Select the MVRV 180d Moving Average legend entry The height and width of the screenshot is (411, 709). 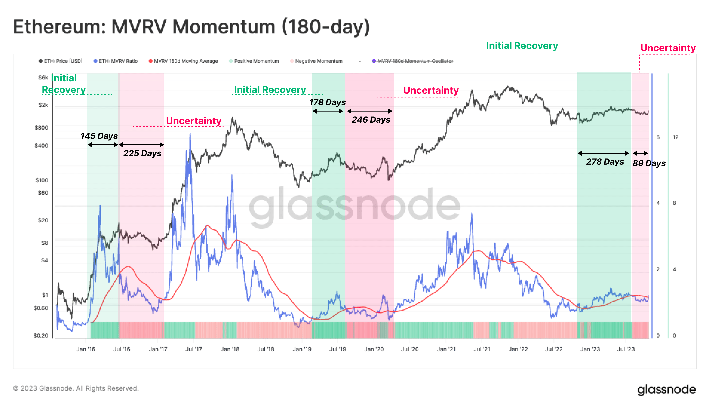tap(185, 61)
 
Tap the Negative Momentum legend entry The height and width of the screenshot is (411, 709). tap(318, 61)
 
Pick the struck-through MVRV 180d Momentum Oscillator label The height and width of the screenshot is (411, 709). tap(415, 61)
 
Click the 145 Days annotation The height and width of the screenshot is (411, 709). tap(99, 136)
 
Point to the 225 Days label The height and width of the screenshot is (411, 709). tap(142, 153)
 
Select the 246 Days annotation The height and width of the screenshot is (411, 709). tap(371, 120)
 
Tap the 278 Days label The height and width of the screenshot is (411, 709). tap(605, 162)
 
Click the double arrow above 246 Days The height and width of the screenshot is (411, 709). tap(369, 111)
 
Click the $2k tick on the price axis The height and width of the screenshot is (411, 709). tap(43, 105)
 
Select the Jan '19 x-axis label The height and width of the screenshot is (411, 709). tap(302, 349)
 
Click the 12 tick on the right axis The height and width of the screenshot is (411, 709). tap(675, 137)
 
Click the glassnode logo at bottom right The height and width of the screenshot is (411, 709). tap(666, 389)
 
